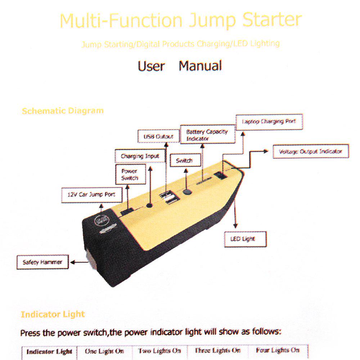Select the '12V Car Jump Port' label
point(91,195)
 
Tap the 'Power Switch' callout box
point(129,175)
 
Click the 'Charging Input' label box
point(140,156)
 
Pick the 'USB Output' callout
point(158,137)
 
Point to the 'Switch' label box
point(184,161)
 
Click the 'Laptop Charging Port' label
point(269,122)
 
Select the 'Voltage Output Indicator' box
point(310,152)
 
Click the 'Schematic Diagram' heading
point(63,111)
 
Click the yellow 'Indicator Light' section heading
point(53,314)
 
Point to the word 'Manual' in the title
point(200,66)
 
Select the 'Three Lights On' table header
point(217,350)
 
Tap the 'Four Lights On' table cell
point(278,350)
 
